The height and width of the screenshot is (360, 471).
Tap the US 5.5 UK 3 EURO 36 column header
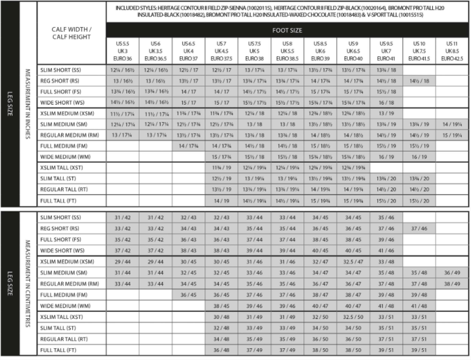pyautogui.click(x=123, y=51)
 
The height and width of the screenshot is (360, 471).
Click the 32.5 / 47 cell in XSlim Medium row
pyautogui.click(x=353, y=262)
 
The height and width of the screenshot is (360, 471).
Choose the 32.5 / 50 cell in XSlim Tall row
pyautogui.click(x=353, y=318)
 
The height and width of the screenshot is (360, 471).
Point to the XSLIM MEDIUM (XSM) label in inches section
pyautogui.click(x=67, y=113)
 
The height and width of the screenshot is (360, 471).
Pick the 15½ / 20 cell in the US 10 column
pyautogui.click(x=419, y=201)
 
